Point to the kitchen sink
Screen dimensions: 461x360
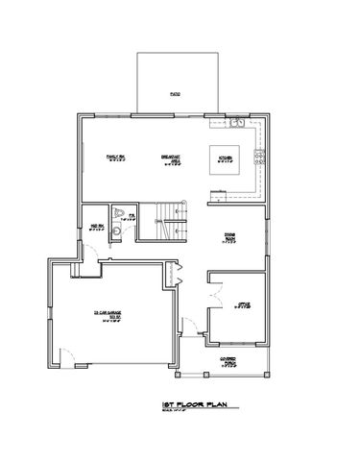click(x=236, y=123)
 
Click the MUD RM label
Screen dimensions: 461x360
click(x=96, y=229)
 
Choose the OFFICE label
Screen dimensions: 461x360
click(x=244, y=306)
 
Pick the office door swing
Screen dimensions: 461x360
click(x=217, y=279)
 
